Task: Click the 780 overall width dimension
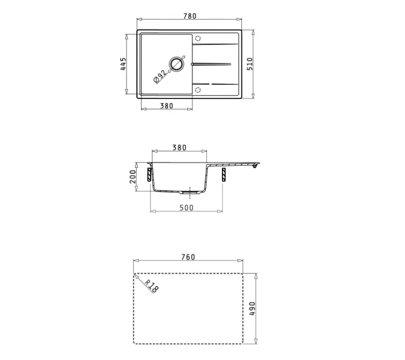(189, 16)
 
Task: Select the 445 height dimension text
(122, 64)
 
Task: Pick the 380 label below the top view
(166, 106)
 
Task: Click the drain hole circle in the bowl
(177, 64)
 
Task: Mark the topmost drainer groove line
(216, 44)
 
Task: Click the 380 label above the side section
(179, 148)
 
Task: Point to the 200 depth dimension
(133, 175)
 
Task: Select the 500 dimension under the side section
(186, 208)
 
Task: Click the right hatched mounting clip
(224, 175)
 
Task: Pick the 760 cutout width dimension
(188, 257)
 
